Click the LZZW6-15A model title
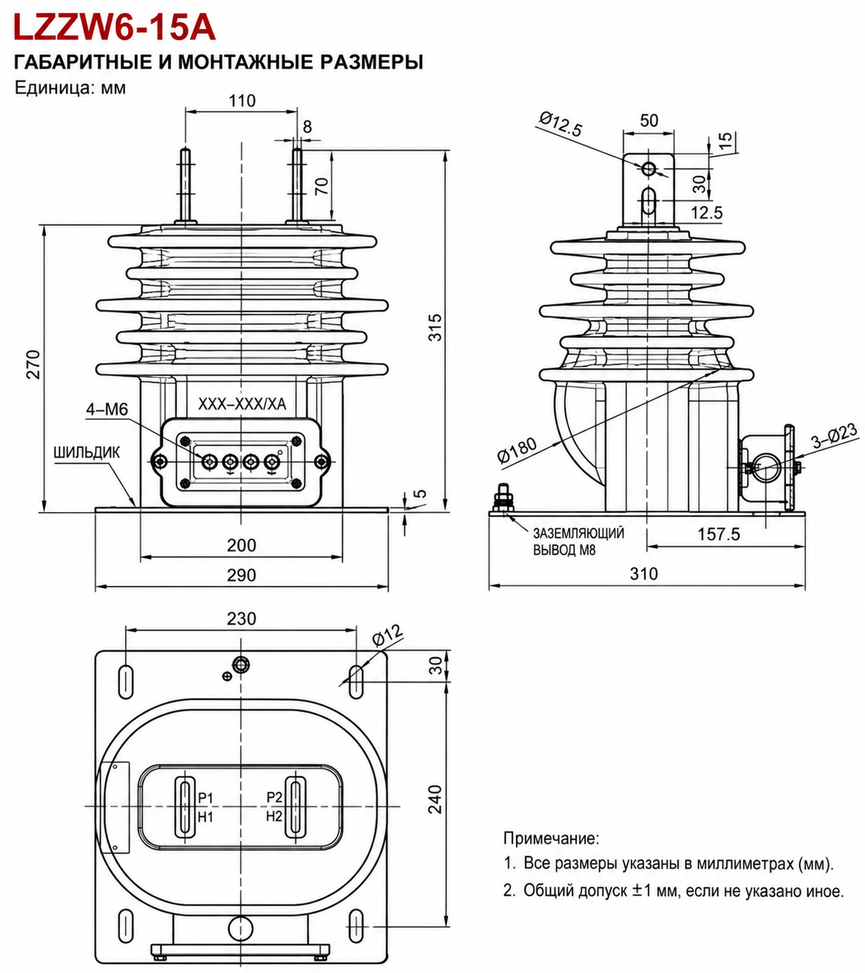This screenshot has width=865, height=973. pyautogui.click(x=115, y=28)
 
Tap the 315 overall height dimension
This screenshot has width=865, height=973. pyautogui.click(x=435, y=328)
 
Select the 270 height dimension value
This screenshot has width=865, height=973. pyautogui.click(x=33, y=364)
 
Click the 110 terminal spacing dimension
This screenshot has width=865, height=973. pyautogui.click(x=243, y=101)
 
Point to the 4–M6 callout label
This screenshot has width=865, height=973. pyautogui.click(x=107, y=409)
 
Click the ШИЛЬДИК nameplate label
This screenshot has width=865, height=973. pyautogui.click(x=87, y=452)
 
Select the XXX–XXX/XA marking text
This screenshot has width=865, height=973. pyautogui.click(x=242, y=405)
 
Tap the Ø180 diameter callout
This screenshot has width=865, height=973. pyautogui.click(x=518, y=449)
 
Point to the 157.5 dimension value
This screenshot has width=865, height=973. pyautogui.click(x=719, y=534)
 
